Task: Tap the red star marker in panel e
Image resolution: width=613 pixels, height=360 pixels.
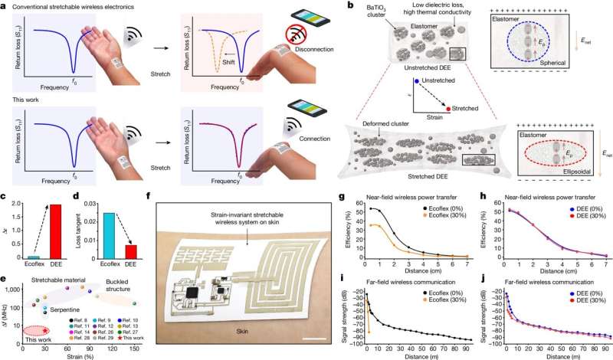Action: [x=45, y=330]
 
